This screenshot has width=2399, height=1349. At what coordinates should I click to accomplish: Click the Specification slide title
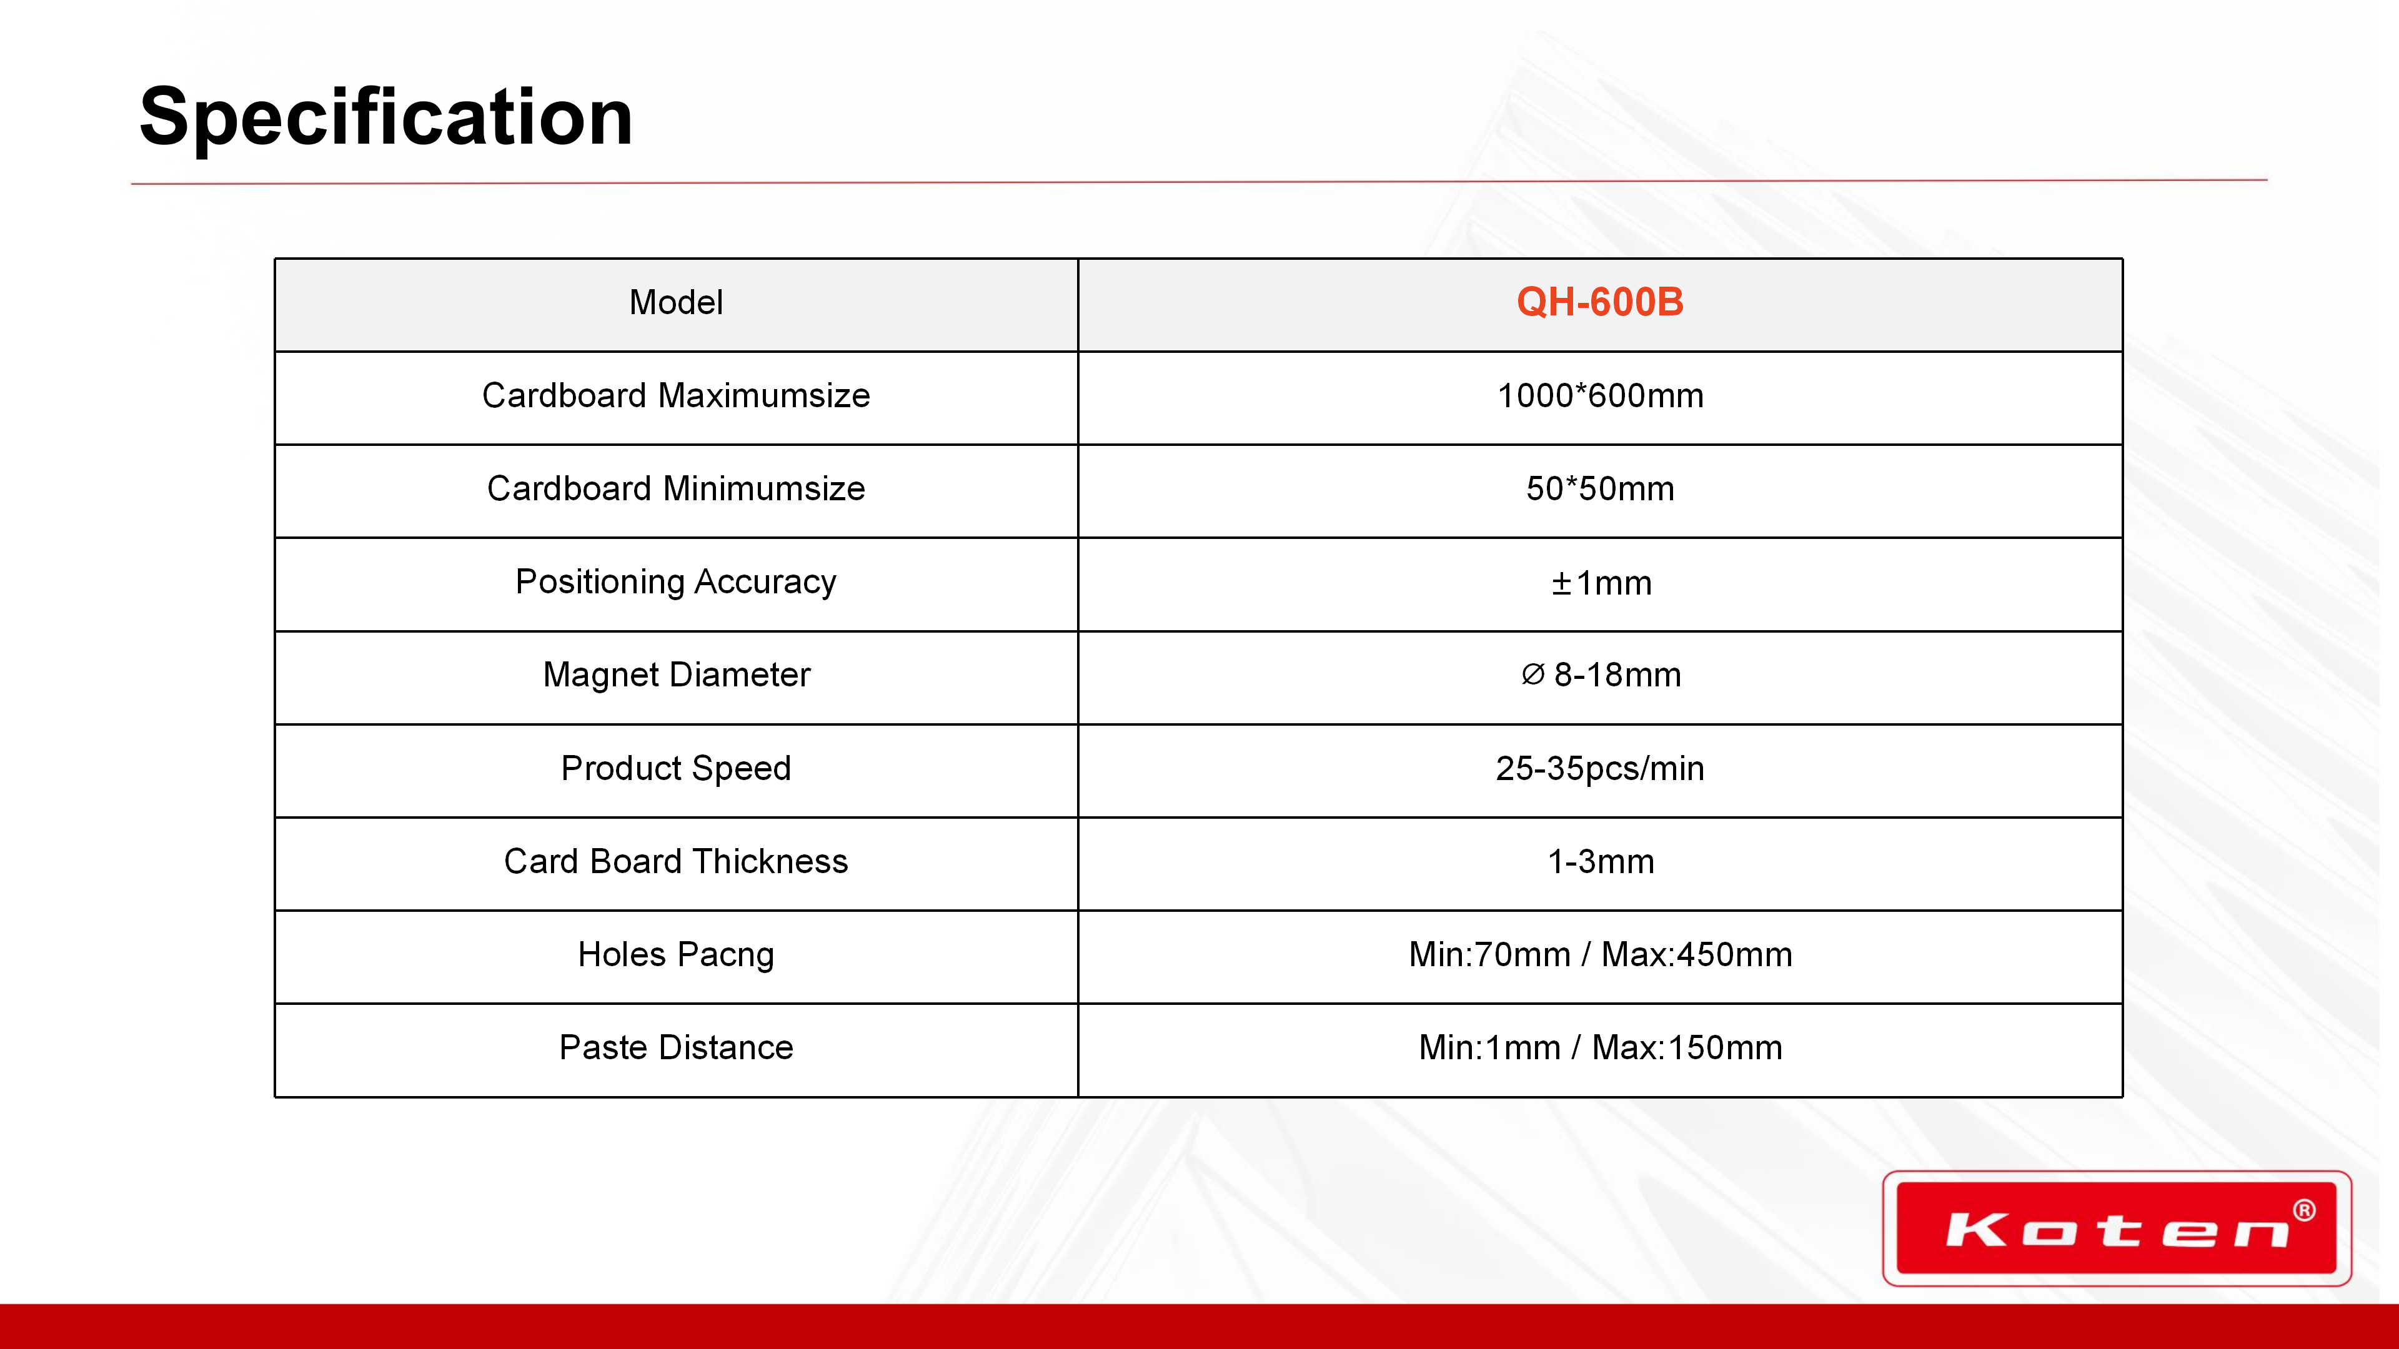tap(385, 118)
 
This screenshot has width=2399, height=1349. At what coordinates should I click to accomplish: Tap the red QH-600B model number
tap(1600, 302)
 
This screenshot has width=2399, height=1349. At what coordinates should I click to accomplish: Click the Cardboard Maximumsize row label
tap(676, 396)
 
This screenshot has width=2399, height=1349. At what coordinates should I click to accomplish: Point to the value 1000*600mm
tap(1600, 396)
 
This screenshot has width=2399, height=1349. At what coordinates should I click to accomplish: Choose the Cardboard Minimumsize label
tap(676, 489)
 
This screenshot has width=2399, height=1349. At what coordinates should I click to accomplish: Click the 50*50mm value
tap(1600, 489)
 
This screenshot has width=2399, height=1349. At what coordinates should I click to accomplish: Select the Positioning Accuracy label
tap(676, 583)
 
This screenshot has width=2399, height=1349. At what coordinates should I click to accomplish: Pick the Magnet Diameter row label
tap(676, 675)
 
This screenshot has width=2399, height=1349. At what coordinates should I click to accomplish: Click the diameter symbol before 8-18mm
tap(1533, 674)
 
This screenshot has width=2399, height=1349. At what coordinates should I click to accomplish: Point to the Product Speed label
tap(676, 769)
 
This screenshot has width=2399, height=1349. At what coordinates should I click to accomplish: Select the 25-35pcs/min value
tap(1600, 769)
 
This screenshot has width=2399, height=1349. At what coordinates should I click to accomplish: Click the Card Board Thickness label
tap(676, 862)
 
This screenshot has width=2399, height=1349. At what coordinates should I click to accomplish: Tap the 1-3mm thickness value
tap(1601, 862)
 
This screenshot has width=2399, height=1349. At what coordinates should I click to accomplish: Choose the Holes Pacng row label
tap(676, 955)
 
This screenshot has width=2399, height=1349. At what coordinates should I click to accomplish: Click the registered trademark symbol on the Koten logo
tap(2304, 1210)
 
